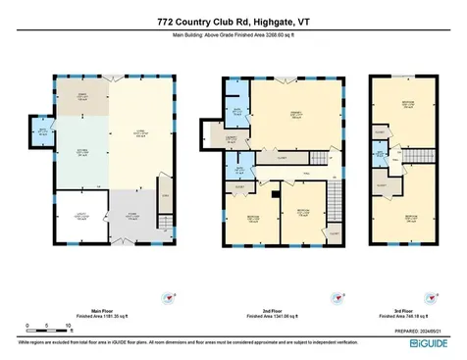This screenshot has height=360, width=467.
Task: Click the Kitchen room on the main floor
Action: (x=80, y=153)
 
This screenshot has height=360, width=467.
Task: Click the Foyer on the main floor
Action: (x=131, y=218)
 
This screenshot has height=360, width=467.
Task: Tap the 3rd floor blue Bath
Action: (x=381, y=154)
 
